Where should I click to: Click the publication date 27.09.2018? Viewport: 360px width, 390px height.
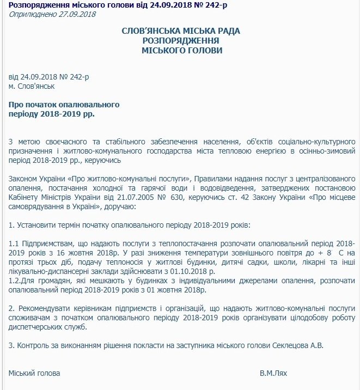78,14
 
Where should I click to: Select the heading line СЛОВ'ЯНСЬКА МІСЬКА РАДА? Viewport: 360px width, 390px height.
180,31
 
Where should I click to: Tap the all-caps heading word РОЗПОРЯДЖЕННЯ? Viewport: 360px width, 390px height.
180,40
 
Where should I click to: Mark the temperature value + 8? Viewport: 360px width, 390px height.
325,253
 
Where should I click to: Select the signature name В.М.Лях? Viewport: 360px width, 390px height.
274,374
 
